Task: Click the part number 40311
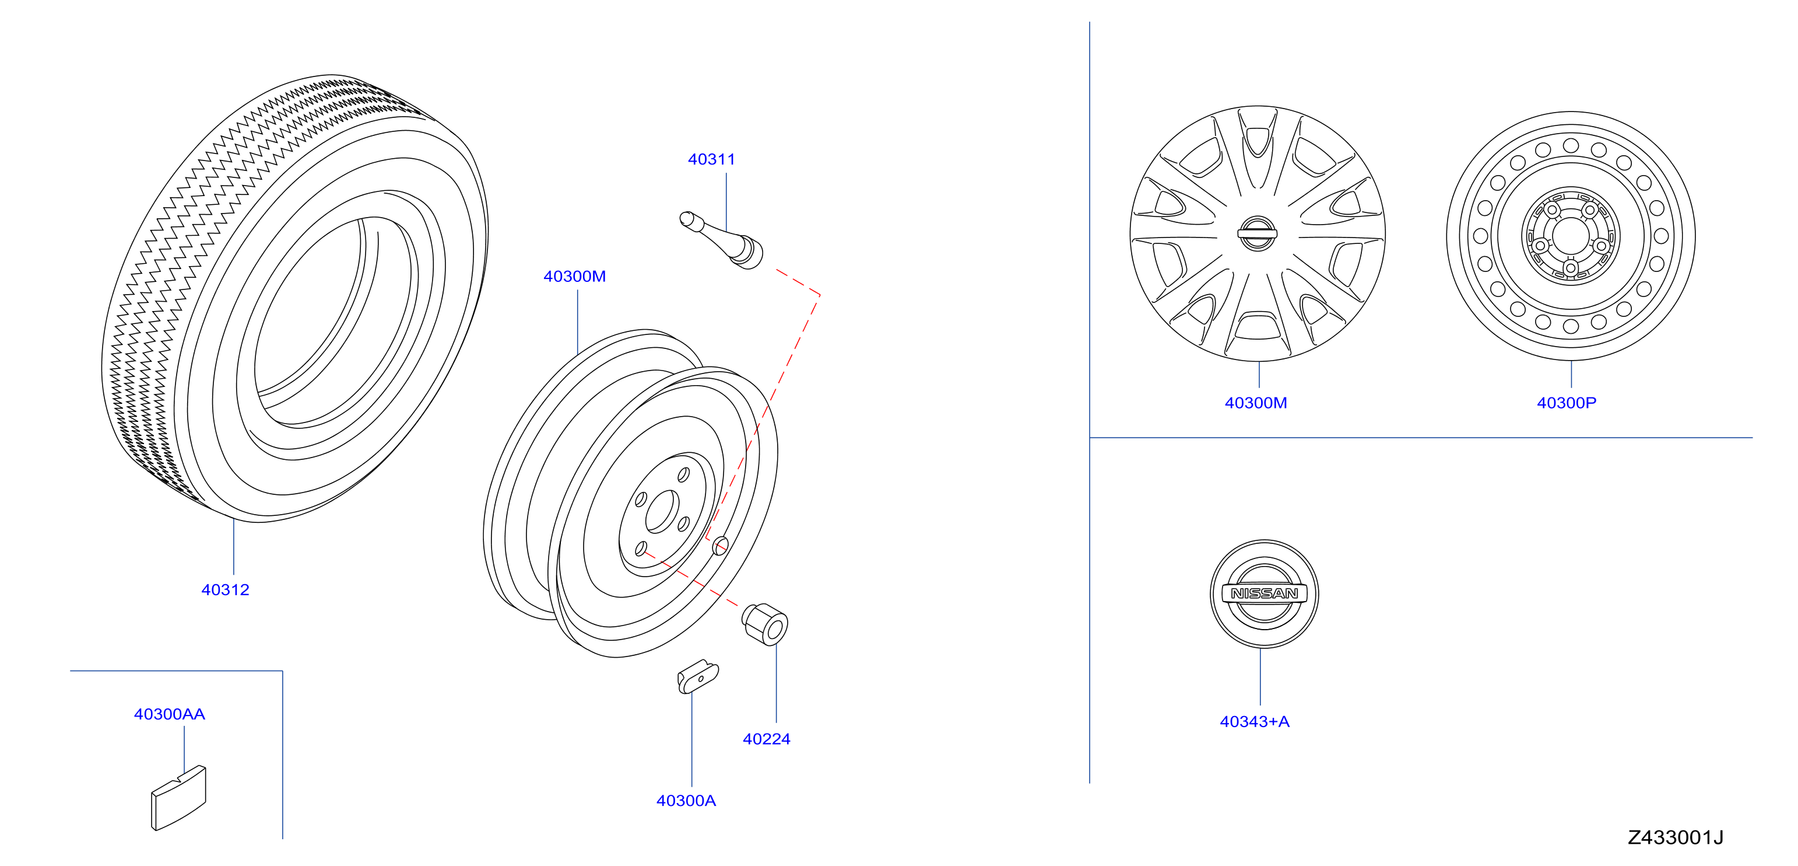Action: [711, 159]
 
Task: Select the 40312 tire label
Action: [225, 589]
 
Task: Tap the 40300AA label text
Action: [170, 714]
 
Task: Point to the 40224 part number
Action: [767, 739]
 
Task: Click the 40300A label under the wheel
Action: [686, 801]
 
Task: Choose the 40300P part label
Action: [1567, 403]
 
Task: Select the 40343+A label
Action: [1254, 721]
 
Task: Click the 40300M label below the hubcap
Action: [1256, 403]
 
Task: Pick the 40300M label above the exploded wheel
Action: [574, 277]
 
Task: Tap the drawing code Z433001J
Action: [1675, 837]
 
